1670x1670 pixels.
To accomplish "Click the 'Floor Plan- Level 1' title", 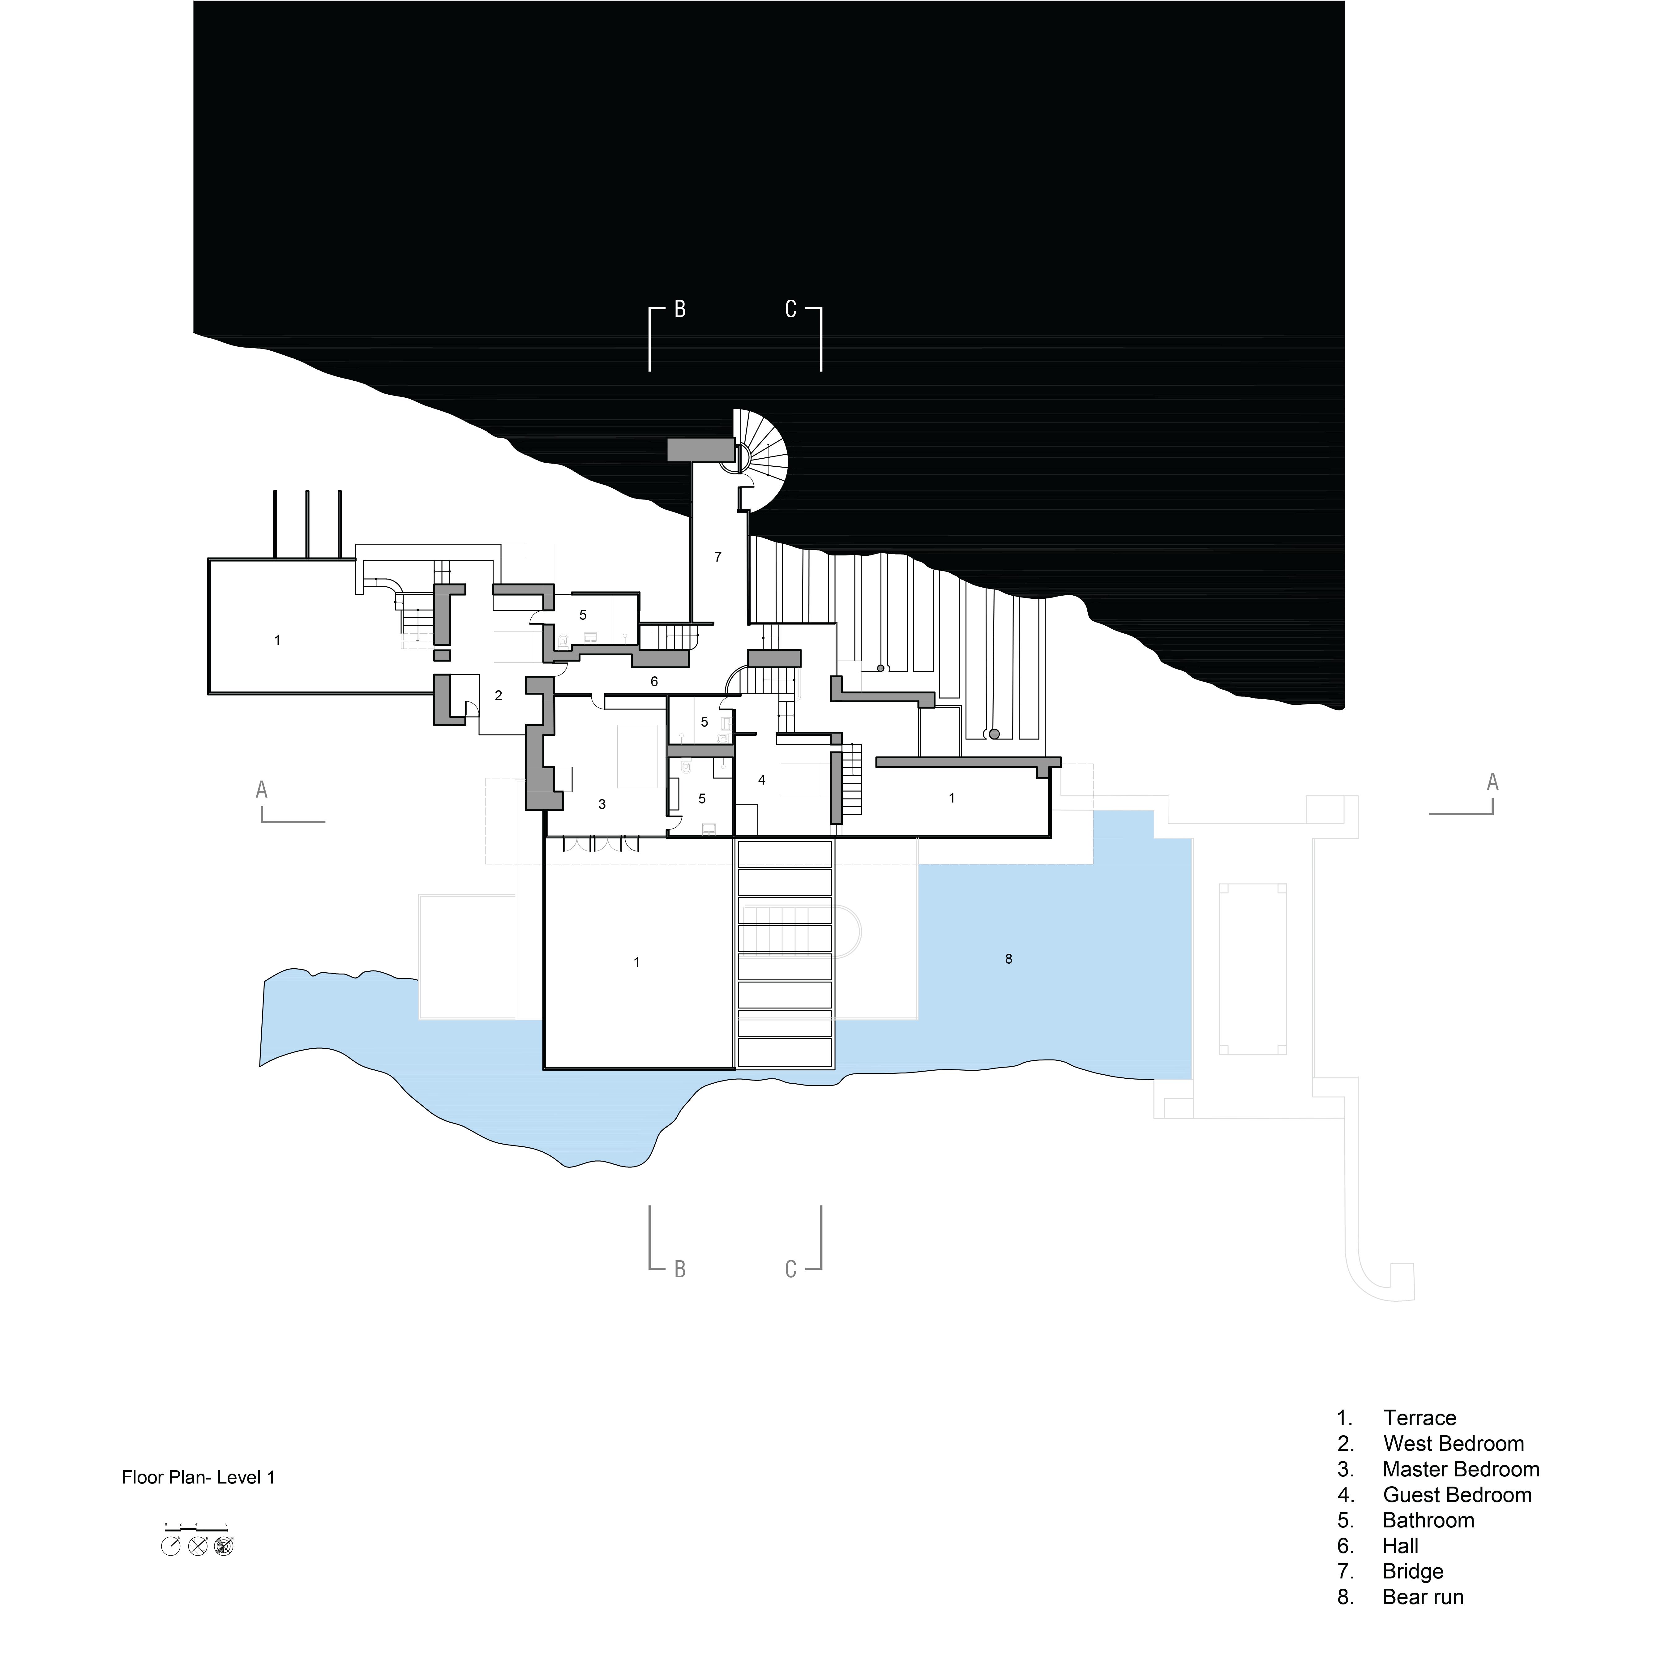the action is click(198, 1477).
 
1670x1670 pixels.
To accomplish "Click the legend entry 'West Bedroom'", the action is click(1453, 1444).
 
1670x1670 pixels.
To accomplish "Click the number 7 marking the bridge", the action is click(717, 557).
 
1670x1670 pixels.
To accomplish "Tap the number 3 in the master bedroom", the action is click(602, 804).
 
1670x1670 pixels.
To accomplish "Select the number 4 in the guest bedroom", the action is click(761, 780).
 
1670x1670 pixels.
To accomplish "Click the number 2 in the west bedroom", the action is click(499, 695).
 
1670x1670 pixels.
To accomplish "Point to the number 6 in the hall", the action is click(654, 681).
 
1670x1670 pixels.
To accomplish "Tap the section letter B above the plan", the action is click(680, 310).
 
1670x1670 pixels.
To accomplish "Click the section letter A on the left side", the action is click(262, 789).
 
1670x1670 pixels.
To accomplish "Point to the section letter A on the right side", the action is click(1492, 782).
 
